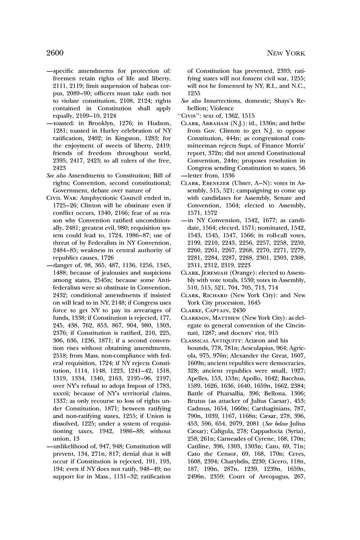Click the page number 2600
(x=55, y=53)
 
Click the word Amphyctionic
(x=97, y=198)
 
